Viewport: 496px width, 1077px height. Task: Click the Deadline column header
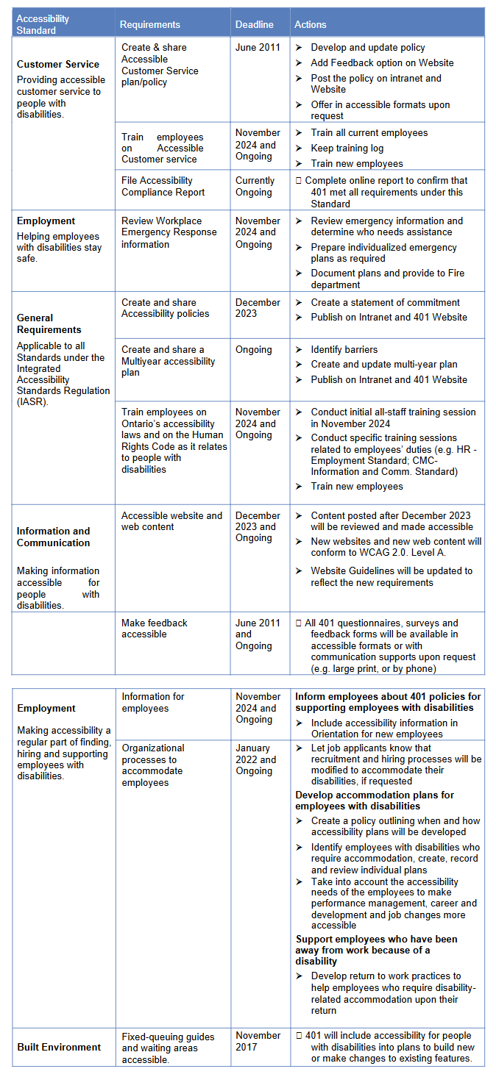(x=254, y=24)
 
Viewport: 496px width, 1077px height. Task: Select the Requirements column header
(x=150, y=24)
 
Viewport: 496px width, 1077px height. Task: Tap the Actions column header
(x=310, y=24)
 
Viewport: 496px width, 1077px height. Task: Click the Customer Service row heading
(x=58, y=64)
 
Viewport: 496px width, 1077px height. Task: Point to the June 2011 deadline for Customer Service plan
(x=258, y=47)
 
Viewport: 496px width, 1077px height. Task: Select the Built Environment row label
(x=59, y=1047)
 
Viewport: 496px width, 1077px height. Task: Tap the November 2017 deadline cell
(x=258, y=1041)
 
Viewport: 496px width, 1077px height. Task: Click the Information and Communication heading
(x=54, y=537)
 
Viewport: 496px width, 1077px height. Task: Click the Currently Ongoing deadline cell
(x=255, y=186)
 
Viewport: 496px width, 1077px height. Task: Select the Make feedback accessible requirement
(x=155, y=629)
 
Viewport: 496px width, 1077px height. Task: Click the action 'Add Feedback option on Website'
(x=382, y=62)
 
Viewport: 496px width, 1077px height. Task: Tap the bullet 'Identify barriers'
(x=344, y=350)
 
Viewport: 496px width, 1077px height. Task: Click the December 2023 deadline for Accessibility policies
(x=258, y=308)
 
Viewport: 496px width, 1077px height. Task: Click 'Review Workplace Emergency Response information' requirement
(x=169, y=232)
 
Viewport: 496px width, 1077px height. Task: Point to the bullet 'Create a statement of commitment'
(x=385, y=302)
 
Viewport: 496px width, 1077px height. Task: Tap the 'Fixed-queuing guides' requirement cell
(x=169, y=1047)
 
